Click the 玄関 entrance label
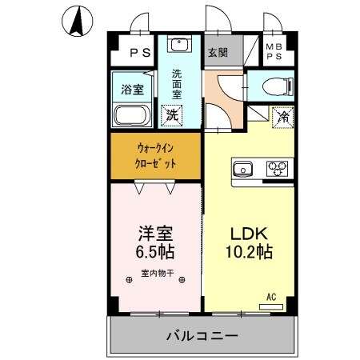coord(218,54)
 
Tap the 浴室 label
coord(132,88)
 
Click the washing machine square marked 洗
coord(171,115)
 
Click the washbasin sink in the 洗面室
coord(178,44)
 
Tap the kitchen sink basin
coord(242,169)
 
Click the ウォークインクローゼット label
coord(156,155)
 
